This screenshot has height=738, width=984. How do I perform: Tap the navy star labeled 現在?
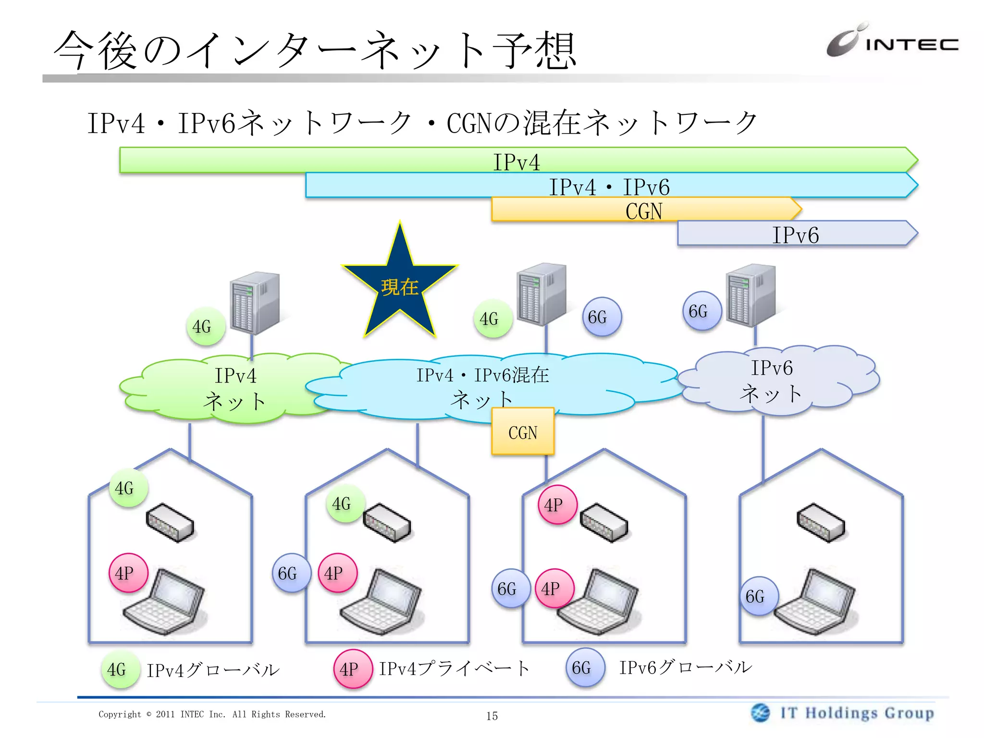(400, 287)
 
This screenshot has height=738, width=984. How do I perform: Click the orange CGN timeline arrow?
(644, 210)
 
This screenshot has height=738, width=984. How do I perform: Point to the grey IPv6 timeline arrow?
(795, 234)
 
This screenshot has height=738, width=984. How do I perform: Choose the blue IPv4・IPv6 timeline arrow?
(609, 186)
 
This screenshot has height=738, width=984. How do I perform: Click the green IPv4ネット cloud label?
(235, 388)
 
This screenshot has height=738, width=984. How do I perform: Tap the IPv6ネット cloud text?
(771, 381)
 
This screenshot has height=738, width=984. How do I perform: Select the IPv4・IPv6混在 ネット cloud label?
(482, 387)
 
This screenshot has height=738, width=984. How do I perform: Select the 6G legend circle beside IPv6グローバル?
(585, 667)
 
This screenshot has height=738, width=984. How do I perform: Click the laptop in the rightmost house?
(814, 603)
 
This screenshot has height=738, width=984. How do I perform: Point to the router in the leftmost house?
(170, 523)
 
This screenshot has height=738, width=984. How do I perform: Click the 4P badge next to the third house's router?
(557, 504)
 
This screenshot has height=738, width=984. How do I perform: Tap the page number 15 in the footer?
(492, 716)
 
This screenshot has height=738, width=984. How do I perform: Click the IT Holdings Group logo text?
(857, 713)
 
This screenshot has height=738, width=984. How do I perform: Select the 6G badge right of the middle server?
(602, 317)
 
